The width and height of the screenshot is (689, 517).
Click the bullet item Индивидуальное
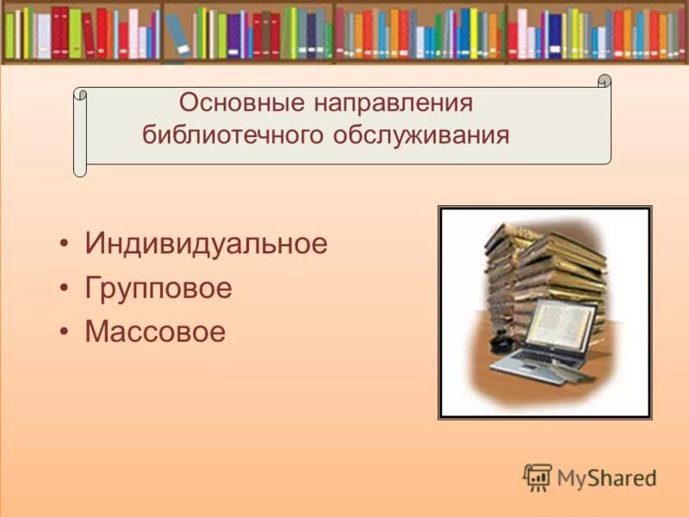tap(206, 244)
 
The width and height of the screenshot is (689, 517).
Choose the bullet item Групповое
tap(158, 288)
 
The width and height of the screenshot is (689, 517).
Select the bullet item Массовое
tap(155, 332)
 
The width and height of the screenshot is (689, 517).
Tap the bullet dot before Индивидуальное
tap(65, 245)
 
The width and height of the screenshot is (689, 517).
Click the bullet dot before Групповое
tap(65, 289)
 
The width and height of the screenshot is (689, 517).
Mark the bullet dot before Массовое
tap(65, 333)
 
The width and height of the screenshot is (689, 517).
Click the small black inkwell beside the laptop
tap(499, 343)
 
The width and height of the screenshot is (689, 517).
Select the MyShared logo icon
tap(537, 477)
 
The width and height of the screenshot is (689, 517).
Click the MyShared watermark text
tap(606, 477)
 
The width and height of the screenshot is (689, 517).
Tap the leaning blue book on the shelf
tap(177, 34)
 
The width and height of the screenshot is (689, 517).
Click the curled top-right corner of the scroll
tap(604, 82)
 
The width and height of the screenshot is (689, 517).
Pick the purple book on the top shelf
tap(234, 34)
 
